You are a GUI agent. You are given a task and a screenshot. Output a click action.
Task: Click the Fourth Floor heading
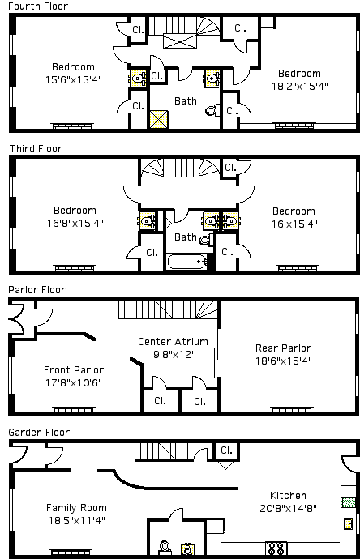point(38,6)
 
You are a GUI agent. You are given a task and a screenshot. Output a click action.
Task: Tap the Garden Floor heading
point(39,433)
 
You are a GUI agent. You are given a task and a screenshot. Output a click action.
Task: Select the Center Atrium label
point(173,342)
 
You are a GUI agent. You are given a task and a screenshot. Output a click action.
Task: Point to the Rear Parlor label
point(283,348)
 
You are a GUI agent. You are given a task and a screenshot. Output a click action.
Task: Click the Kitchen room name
point(288,496)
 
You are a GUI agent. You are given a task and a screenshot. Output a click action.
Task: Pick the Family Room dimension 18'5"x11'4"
point(77,520)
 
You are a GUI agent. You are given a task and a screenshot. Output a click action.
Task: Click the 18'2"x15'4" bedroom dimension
point(300,86)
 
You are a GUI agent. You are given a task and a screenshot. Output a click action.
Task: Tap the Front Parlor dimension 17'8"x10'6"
point(74,383)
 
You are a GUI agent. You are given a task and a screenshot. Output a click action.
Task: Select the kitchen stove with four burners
point(276,548)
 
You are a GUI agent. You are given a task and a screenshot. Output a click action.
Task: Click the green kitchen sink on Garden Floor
point(348,502)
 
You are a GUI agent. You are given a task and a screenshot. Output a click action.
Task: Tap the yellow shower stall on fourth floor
point(158,119)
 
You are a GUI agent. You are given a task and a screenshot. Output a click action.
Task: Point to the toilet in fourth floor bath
point(211,110)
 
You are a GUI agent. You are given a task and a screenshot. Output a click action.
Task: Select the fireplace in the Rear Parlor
point(292,409)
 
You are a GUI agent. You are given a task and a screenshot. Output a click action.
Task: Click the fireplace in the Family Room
point(71,552)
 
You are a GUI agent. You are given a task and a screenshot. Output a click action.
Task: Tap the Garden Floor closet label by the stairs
point(226,450)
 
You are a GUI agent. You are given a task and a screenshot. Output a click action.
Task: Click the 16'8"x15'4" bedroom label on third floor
point(75,223)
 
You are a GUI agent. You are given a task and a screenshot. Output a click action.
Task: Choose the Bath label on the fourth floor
point(186,101)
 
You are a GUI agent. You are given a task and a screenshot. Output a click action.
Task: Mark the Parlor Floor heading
point(37,290)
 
